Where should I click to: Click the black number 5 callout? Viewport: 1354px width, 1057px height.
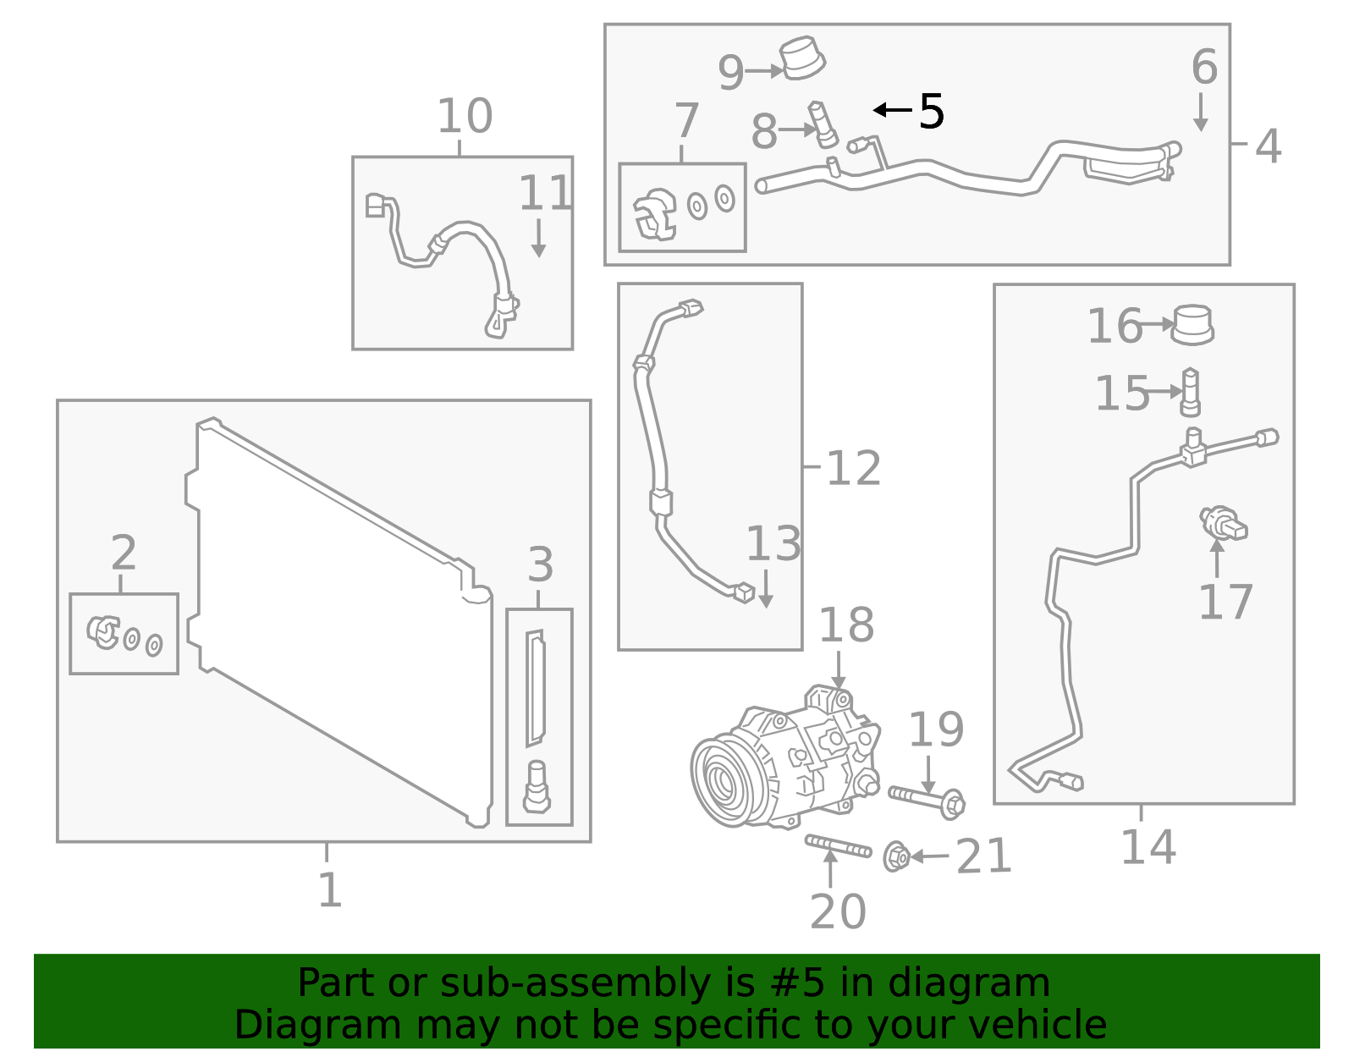coord(931,111)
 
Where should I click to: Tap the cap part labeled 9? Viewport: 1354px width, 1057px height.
coord(801,58)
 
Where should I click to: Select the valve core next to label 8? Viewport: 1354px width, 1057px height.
coord(823,124)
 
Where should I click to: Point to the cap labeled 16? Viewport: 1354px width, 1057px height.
coord(1192,324)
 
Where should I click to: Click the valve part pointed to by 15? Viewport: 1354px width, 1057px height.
coord(1190,392)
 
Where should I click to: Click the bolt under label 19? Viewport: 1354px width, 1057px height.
coord(927,799)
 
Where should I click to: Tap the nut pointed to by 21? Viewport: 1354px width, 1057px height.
coord(895,856)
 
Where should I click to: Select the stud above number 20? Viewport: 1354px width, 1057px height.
coord(838,845)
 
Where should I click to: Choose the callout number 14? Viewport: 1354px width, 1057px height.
coord(1148,847)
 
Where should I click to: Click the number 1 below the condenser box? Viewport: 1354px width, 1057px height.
coord(329,889)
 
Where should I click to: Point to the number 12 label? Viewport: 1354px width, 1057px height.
coord(853,467)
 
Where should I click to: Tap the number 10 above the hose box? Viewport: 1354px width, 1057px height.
coord(465,116)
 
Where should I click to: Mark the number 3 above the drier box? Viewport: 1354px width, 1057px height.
coord(540,564)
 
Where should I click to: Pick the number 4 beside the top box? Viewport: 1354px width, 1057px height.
coord(1268,146)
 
